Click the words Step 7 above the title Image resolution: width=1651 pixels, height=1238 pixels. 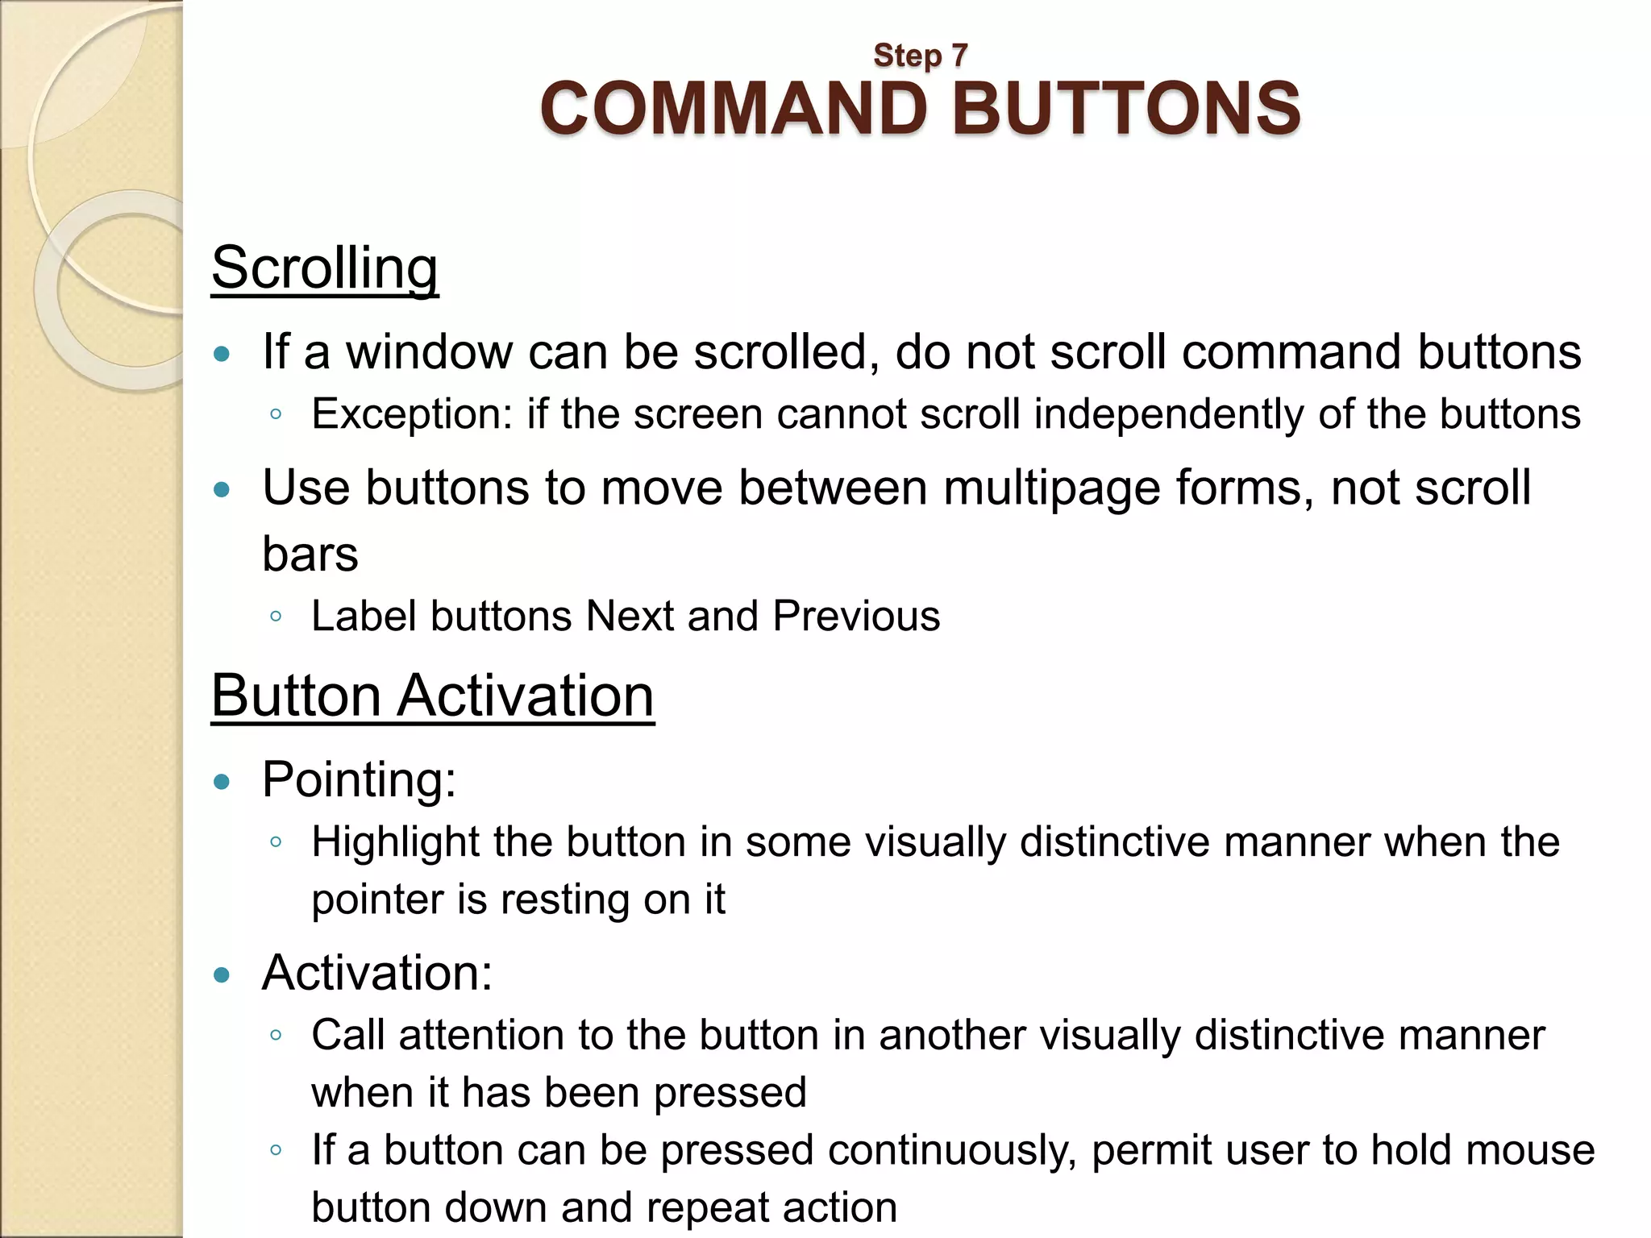[920, 56]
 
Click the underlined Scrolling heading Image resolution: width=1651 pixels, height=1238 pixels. [325, 268]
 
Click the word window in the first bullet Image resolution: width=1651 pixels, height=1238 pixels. [429, 352]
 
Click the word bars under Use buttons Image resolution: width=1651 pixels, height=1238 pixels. [310, 555]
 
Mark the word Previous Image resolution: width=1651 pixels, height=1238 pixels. [856, 617]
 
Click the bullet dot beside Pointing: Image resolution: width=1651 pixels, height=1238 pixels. [222, 781]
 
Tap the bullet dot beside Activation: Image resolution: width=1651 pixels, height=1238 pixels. [222, 975]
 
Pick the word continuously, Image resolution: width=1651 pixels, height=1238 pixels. [951, 1150]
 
